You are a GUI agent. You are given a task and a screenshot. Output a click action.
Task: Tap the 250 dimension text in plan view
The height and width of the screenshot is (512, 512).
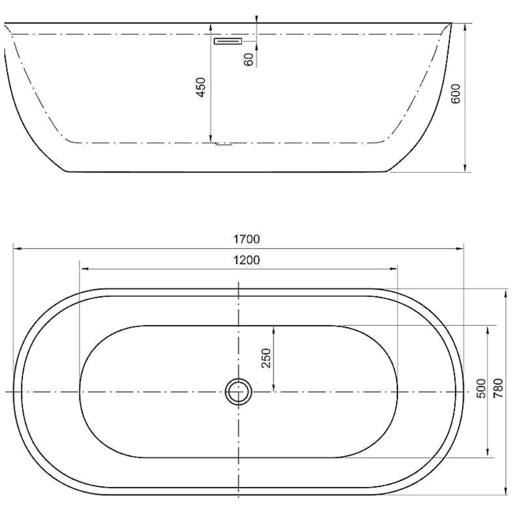pyautogui.click(x=266, y=359)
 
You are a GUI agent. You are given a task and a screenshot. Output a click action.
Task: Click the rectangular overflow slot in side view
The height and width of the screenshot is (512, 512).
pyautogui.click(x=227, y=41)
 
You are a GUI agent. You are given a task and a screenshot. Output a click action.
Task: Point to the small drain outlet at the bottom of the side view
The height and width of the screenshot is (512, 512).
pyautogui.click(x=224, y=144)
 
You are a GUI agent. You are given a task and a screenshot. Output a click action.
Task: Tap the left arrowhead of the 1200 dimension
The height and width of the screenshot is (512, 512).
pyautogui.click(x=84, y=268)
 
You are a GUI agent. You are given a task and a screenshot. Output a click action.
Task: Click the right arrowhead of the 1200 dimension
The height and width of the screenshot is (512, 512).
pyautogui.click(x=395, y=268)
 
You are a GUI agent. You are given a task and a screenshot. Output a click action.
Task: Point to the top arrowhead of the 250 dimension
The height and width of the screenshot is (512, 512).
pyautogui.click(x=274, y=329)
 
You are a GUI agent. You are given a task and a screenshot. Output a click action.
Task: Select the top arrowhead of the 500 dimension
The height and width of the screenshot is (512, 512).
pyautogui.click(x=486, y=329)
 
